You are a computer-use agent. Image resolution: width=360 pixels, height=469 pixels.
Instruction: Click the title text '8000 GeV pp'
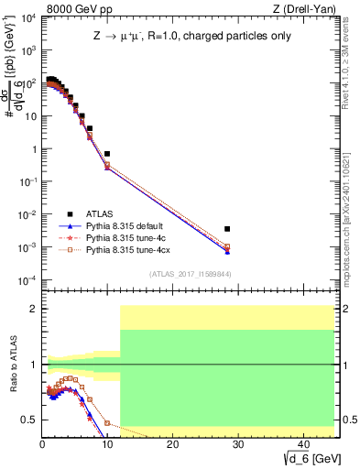coord(75,9)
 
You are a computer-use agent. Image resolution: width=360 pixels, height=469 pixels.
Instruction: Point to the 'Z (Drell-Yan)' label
coord(310,9)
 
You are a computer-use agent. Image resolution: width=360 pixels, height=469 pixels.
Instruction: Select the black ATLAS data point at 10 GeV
coord(107,154)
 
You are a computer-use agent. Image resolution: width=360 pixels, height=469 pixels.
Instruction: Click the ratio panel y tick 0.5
coord(29,420)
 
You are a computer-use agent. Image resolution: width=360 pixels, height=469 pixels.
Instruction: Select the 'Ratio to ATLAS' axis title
coord(12,366)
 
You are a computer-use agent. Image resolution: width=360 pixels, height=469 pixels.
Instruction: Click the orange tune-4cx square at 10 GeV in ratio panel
coord(107,423)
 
